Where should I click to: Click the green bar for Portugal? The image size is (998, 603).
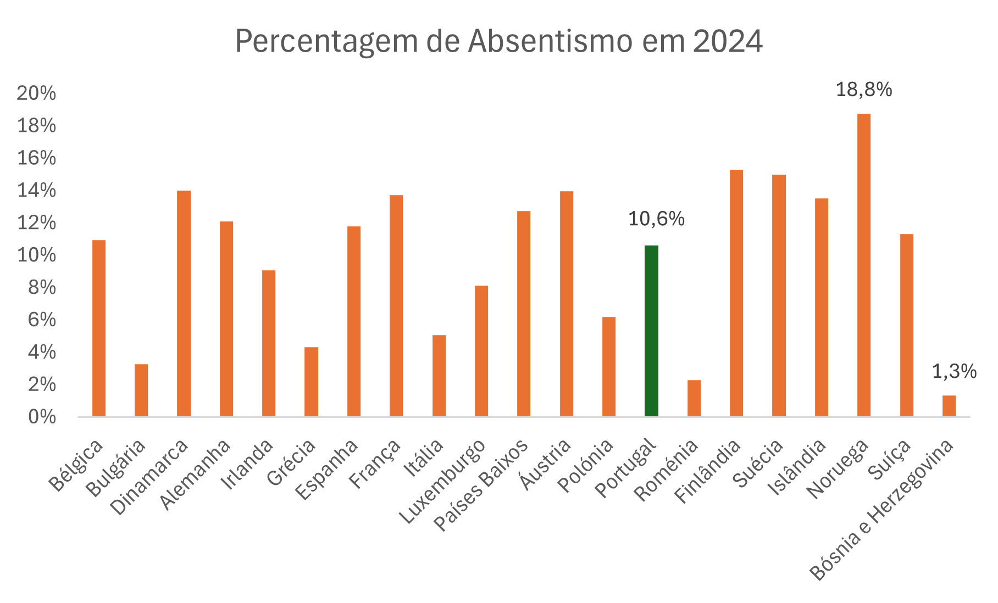651,331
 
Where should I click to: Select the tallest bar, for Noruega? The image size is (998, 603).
864,265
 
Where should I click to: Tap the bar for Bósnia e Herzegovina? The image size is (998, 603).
949,406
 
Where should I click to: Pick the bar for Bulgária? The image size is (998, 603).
141,390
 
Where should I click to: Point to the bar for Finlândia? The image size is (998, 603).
736,293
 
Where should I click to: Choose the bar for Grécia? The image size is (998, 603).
311,382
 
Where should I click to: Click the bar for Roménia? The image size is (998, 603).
694,398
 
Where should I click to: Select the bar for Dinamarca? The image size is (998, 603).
184,303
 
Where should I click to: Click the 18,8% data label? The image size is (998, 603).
864,90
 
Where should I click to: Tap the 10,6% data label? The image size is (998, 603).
656,219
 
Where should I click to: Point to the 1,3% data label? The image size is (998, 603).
954,372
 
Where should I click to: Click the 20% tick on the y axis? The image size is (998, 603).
36,93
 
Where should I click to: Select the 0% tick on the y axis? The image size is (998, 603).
42,417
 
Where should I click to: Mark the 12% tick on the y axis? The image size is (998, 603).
36,223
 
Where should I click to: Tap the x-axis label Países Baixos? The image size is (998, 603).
481,485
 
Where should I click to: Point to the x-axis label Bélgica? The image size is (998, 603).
76,465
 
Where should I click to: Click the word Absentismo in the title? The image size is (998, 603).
547,41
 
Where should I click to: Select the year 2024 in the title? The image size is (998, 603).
728,41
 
